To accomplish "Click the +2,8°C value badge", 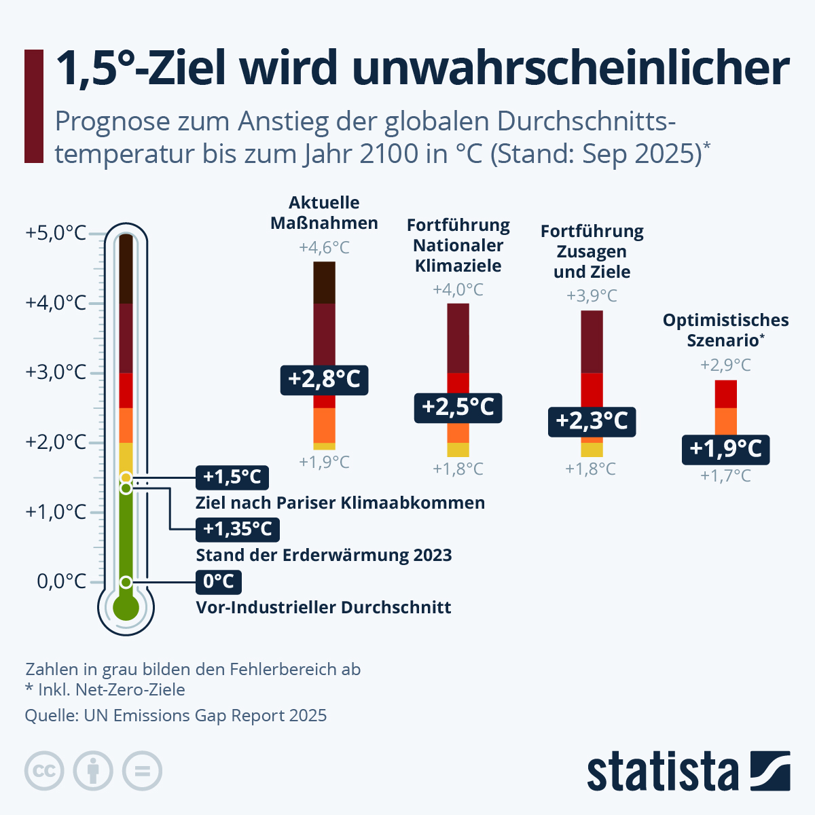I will (x=324, y=380).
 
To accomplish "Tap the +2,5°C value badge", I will (x=458, y=407).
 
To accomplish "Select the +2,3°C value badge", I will (x=592, y=421).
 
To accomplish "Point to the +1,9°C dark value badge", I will (x=725, y=449).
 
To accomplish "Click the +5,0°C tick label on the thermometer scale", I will (x=56, y=233).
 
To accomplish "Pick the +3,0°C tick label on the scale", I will (x=56, y=372).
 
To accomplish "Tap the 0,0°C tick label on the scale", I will (x=60, y=581).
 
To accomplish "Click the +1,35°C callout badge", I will (x=237, y=529).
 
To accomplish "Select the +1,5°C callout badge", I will (x=232, y=477).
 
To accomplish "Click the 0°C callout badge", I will (x=218, y=582).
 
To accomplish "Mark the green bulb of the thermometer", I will (x=126, y=607).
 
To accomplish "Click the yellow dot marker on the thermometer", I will (x=126, y=478).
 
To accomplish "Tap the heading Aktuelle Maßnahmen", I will (x=324, y=213).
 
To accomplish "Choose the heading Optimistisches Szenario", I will (x=725, y=330).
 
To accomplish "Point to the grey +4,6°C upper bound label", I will (x=324, y=248).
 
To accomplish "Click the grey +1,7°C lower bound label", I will (x=725, y=476).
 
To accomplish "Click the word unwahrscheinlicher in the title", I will (x=570, y=68).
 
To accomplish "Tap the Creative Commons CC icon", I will (x=44, y=771).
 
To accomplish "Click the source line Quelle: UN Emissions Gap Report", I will (x=176, y=716).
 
